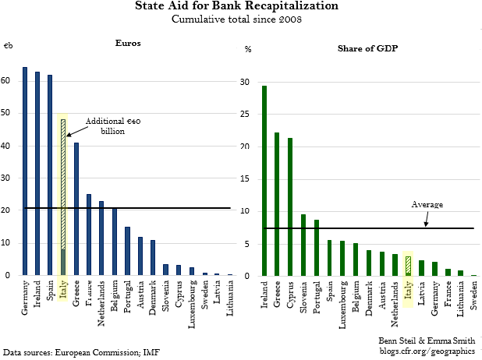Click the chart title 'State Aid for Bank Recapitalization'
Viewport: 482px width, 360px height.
[242, 6]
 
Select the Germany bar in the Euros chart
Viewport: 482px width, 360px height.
[25, 171]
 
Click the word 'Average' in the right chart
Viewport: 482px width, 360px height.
[427, 204]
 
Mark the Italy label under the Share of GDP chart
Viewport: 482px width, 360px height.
[408, 295]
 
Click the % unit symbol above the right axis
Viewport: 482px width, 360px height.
[248, 49]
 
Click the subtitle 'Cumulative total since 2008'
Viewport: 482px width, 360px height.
[242, 19]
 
